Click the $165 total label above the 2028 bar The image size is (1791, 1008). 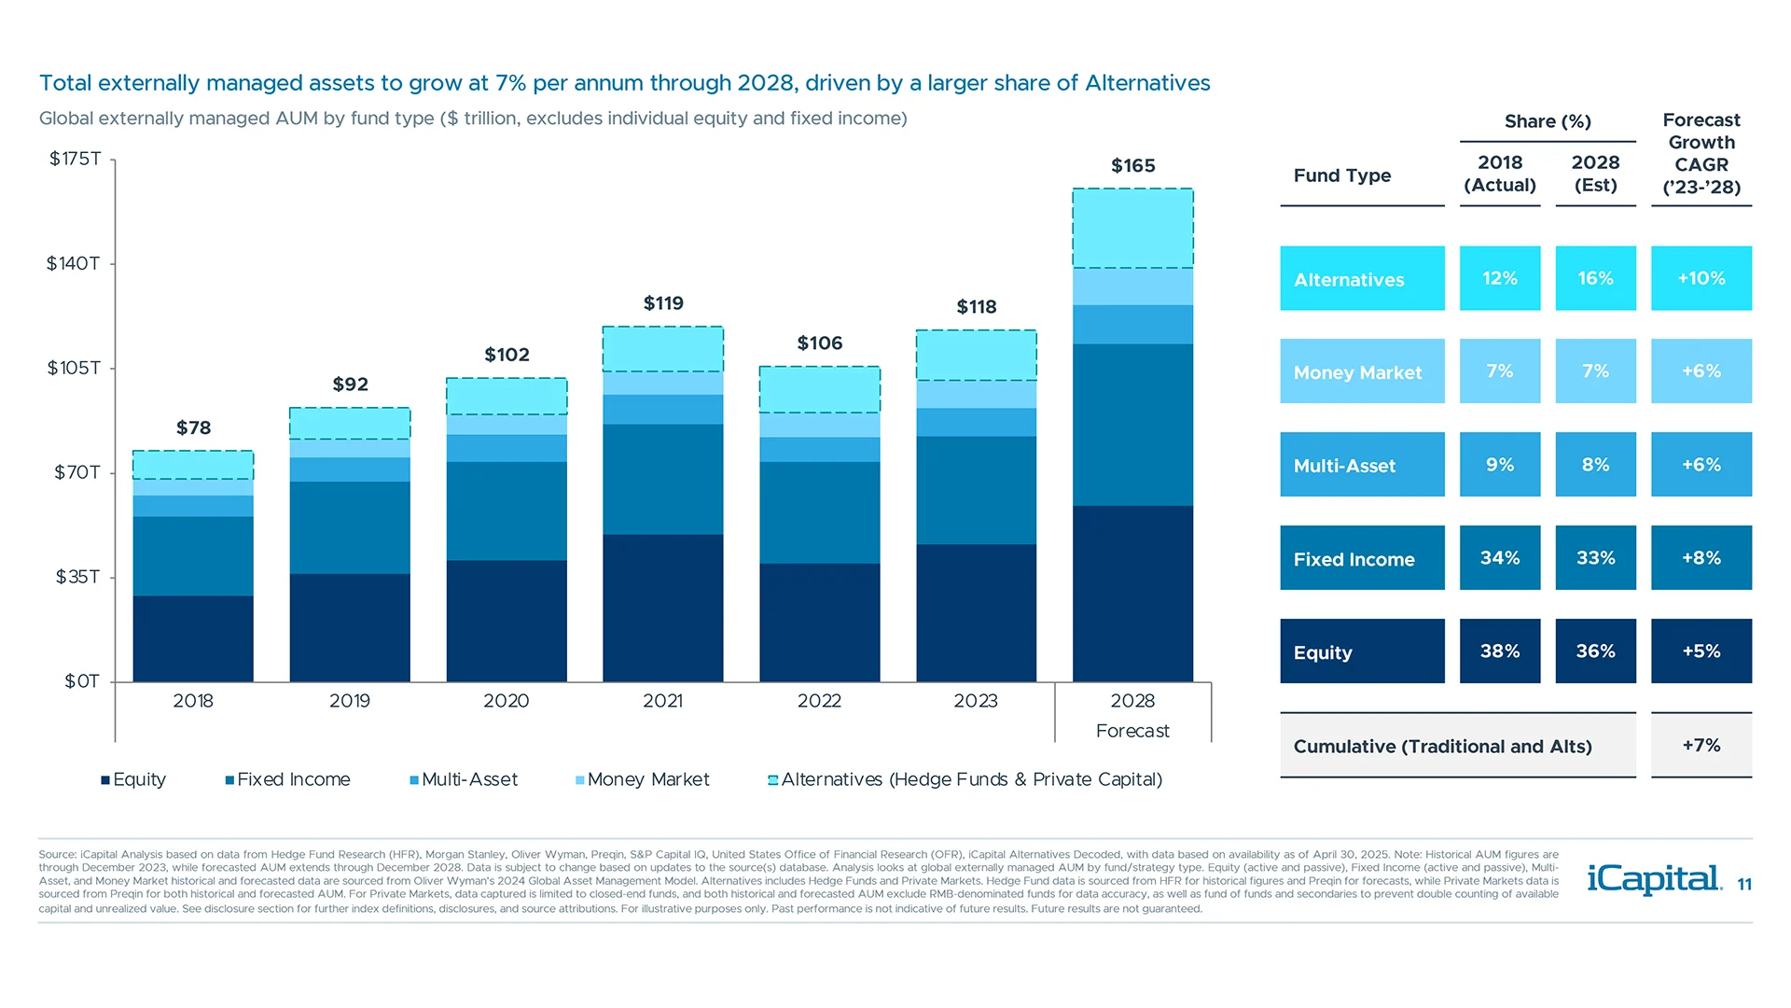click(x=1132, y=166)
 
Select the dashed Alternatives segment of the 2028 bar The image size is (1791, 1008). click(x=1132, y=229)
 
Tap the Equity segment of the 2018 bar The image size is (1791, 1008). click(x=193, y=638)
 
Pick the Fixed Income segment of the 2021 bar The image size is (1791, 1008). click(x=662, y=479)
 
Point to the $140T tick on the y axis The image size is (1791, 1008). click(x=74, y=264)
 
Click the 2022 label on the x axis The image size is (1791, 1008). click(x=819, y=701)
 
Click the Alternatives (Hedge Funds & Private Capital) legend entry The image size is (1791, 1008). click(x=965, y=779)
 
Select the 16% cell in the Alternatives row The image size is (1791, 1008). click(x=1595, y=278)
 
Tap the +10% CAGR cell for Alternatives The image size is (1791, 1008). click(x=1701, y=278)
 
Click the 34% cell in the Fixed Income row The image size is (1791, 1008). click(x=1499, y=558)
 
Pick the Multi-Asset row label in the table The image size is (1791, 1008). click(x=1344, y=466)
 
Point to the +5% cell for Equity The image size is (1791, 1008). click(x=1701, y=651)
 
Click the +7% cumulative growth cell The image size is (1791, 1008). click(x=1701, y=745)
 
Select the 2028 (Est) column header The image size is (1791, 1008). click(x=1595, y=174)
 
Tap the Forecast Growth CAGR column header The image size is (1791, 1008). click(x=1701, y=154)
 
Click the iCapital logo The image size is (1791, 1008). click(x=1653, y=879)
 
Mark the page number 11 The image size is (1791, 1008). click(x=1744, y=885)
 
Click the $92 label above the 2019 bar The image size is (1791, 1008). click(x=350, y=385)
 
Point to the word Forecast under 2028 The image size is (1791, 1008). click(x=1132, y=731)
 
